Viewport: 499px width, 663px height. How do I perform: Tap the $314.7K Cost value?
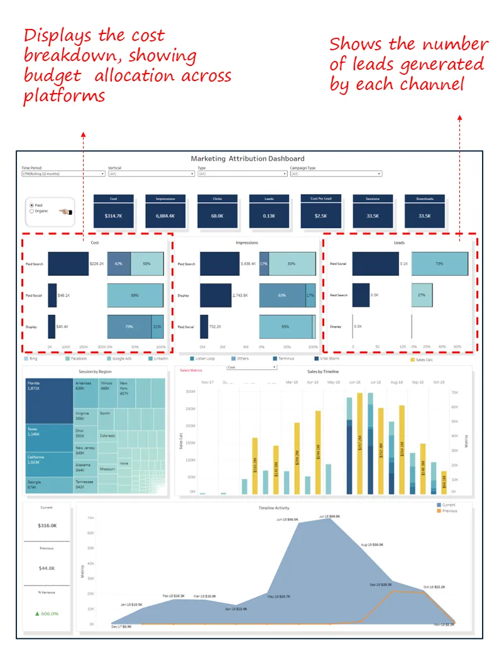tap(113, 216)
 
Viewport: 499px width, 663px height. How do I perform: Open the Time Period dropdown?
tap(63, 173)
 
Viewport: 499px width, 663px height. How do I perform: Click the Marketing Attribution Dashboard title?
tap(248, 158)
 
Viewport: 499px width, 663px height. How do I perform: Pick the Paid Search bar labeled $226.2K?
tap(69, 265)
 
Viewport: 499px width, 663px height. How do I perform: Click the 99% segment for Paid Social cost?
tap(135, 295)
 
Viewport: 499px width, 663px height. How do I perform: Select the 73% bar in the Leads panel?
tap(439, 265)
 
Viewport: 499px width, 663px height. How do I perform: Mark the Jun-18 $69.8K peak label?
tap(326, 515)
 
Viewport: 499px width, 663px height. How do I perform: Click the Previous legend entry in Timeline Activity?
tap(448, 511)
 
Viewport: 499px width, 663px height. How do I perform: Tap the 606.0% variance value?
tap(48, 613)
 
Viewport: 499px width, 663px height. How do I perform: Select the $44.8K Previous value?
tap(48, 567)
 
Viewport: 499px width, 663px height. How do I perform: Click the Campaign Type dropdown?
tap(336, 173)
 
